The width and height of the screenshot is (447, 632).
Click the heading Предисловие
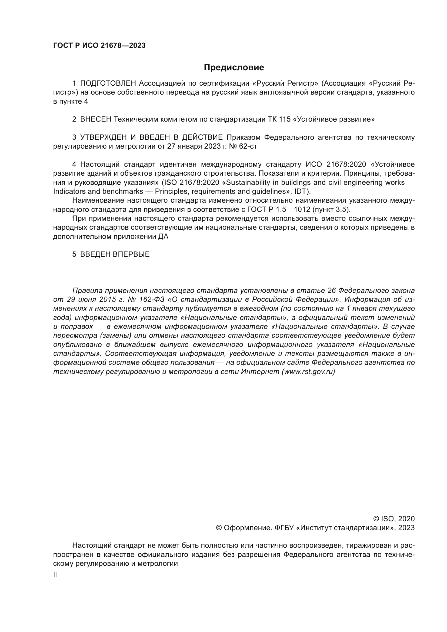(x=234, y=68)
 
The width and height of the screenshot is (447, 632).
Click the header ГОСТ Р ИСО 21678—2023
(x=99, y=46)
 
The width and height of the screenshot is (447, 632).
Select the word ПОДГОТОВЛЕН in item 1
(x=108, y=83)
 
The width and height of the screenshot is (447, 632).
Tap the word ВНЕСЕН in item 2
(x=95, y=119)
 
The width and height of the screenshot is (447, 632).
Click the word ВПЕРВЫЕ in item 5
(x=131, y=254)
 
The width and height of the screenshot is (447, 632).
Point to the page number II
(x=55, y=575)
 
